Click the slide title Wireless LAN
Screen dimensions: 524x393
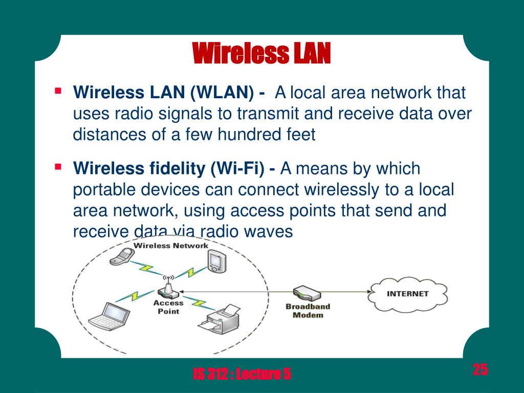(261, 54)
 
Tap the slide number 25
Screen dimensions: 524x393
(480, 369)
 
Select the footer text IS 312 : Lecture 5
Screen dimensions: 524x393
(242, 375)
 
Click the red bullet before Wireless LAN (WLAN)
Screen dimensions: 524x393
(58, 92)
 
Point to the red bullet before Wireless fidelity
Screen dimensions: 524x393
(58, 166)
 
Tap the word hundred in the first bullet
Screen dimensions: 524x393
(249, 135)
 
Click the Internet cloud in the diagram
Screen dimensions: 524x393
(408, 294)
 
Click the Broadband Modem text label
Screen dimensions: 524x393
(308, 311)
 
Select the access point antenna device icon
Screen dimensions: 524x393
(168, 289)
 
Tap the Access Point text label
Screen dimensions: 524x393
(168, 307)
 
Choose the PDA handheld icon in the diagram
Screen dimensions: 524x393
(215, 260)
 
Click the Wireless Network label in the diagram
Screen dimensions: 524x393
(171, 246)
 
